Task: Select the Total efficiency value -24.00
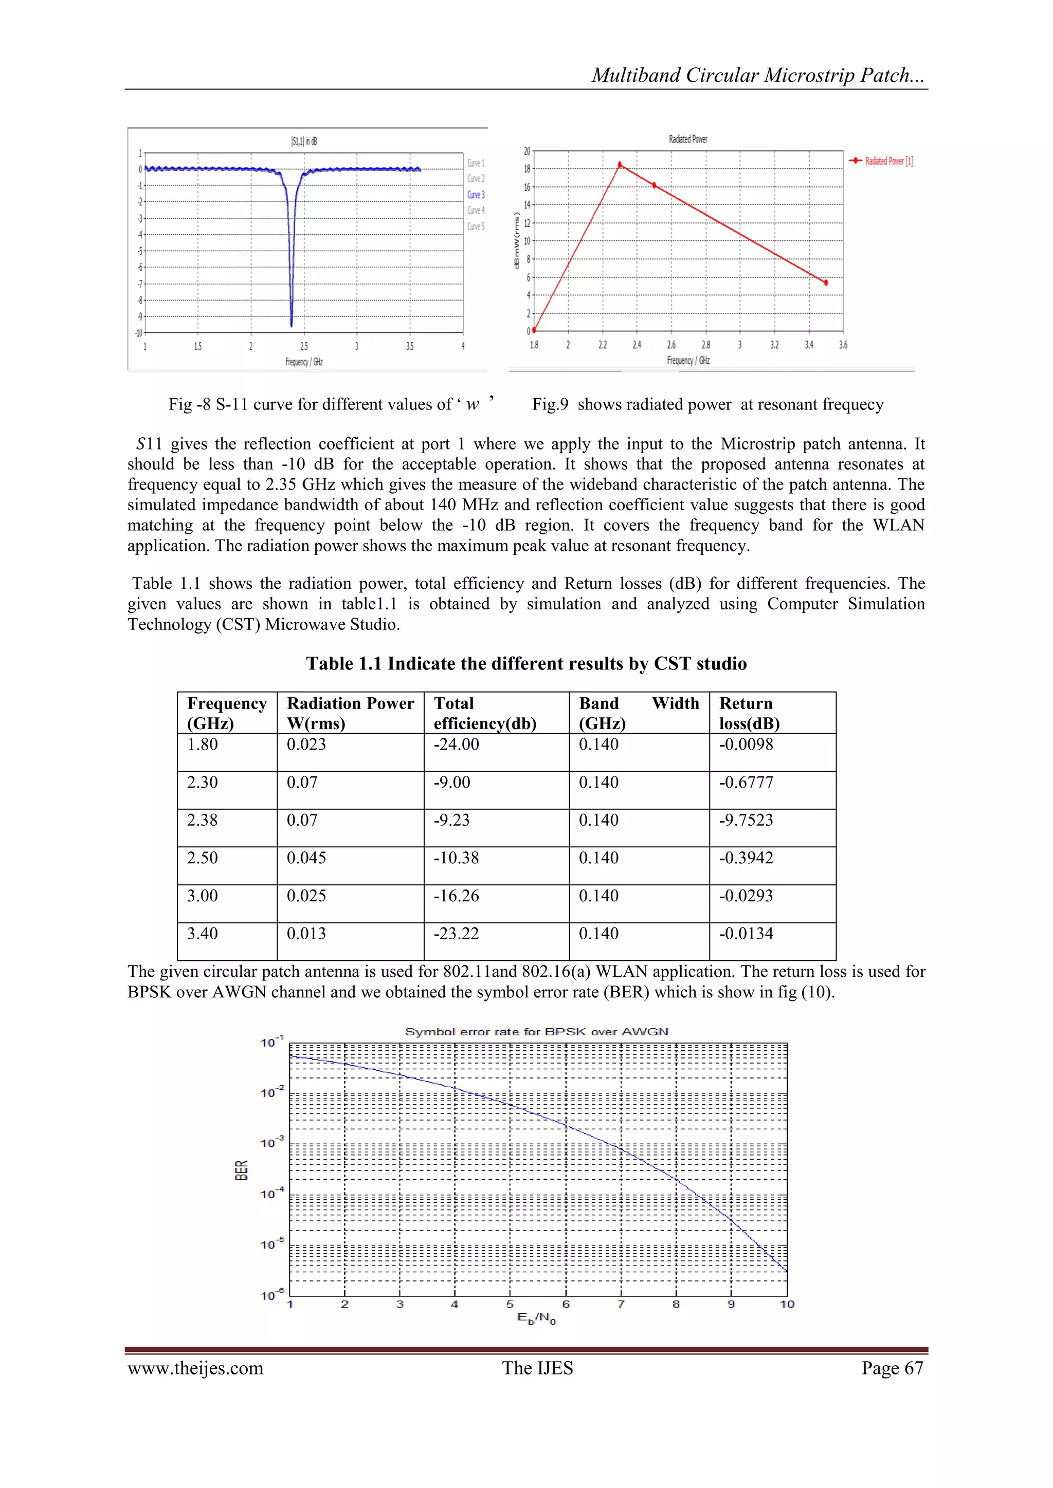click(x=457, y=744)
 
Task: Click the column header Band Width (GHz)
click(x=639, y=713)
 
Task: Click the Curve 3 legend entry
click(x=475, y=194)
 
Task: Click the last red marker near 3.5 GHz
click(x=825, y=283)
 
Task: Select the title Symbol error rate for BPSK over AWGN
click(x=536, y=1031)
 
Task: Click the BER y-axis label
click(x=241, y=1170)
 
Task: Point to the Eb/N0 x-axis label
click(x=536, y=1318)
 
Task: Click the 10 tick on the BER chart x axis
click(x=787, y=1304)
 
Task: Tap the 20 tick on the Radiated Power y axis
click(x=526, y=151)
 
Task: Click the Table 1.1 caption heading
click(x=526, y=664)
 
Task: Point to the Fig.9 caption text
click(x=707, y=404)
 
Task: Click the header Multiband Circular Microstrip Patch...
click(x=757, y=75)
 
